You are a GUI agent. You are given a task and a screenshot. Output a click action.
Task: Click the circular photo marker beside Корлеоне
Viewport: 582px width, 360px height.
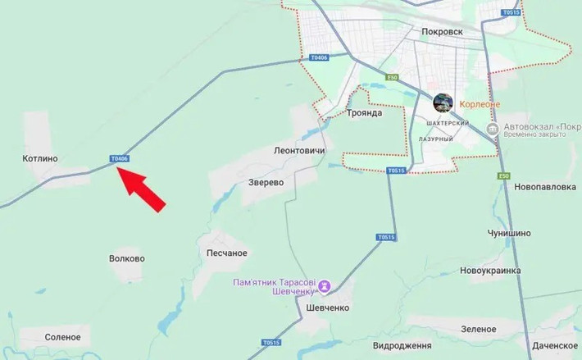pos(443,103)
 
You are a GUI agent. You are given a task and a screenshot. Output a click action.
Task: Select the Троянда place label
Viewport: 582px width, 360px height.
pos(364,112)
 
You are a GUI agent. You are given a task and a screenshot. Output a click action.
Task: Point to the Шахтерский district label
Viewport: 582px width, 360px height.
pos(448,123)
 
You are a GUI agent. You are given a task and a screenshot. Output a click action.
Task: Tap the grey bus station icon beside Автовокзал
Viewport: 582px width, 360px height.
pos(491,130)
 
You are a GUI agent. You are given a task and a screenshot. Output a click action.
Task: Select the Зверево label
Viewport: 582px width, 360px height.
pos(266,182)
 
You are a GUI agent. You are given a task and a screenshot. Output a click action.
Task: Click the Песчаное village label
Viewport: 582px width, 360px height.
pos(227,253)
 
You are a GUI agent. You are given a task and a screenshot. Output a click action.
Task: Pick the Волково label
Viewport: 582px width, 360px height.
pos(126,258)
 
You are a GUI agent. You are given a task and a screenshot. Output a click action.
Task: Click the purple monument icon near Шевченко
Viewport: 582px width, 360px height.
pos(325,286)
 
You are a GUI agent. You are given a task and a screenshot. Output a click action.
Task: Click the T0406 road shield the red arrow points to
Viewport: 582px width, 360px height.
pos(120,158)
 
